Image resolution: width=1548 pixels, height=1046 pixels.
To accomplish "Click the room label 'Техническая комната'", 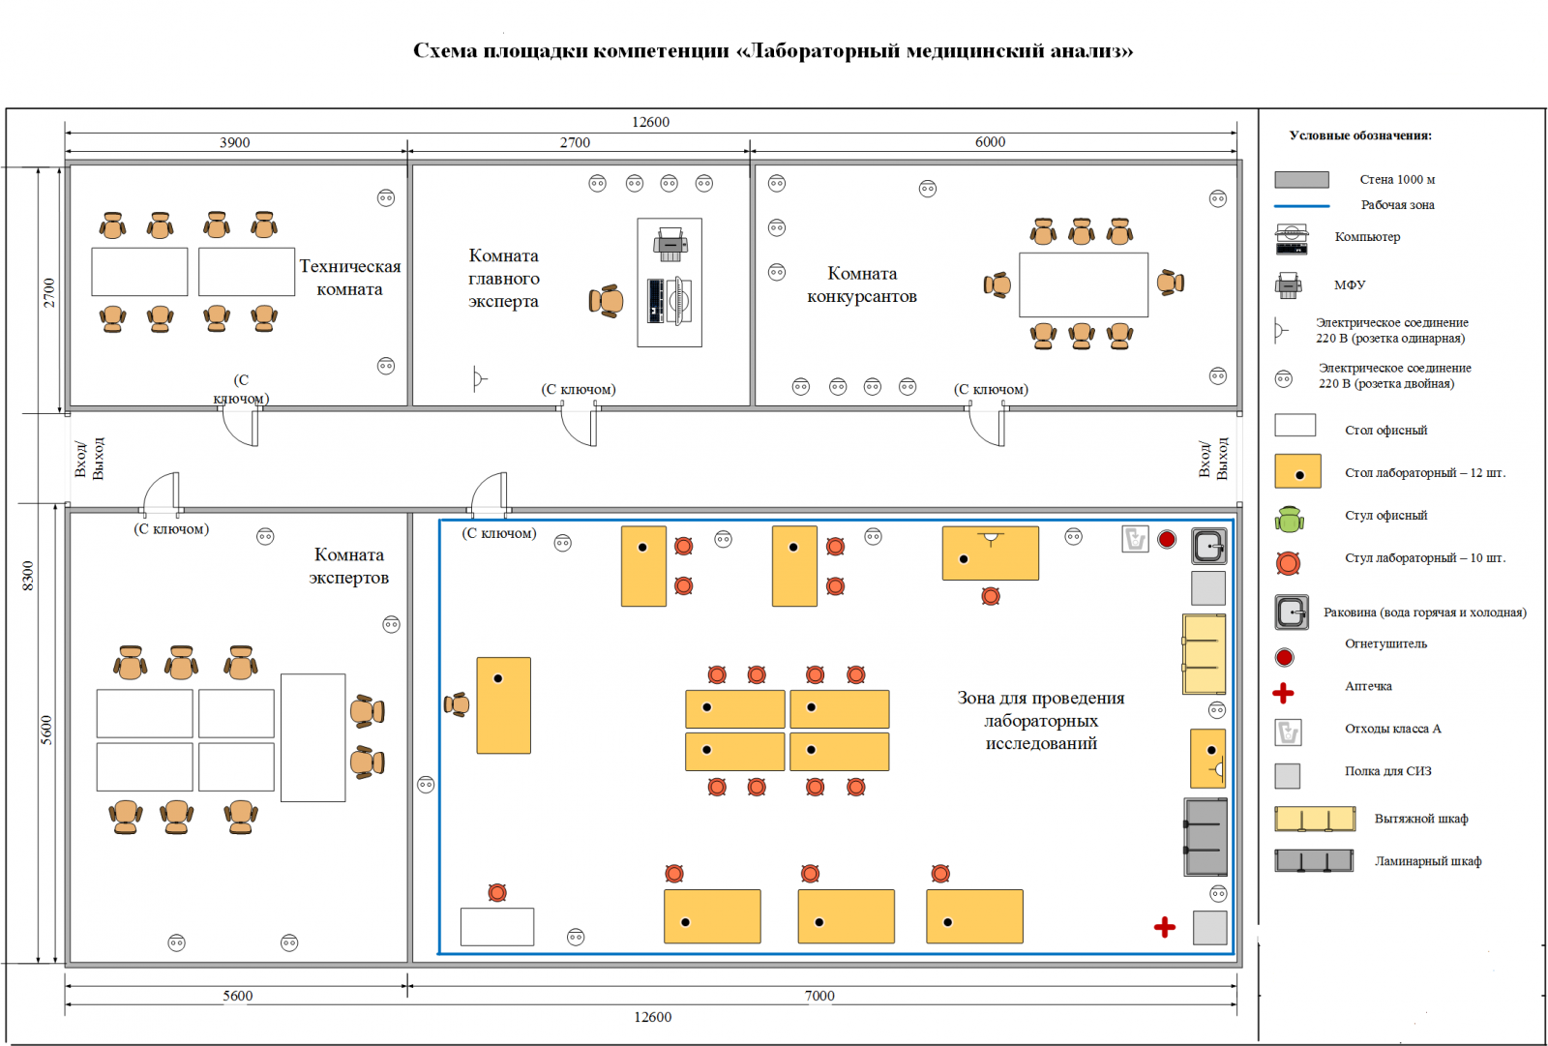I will click(349, 278).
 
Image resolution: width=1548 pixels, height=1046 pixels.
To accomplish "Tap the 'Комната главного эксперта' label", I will click(503, 279).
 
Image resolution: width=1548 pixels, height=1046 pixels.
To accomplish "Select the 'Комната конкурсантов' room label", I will click(861, 284).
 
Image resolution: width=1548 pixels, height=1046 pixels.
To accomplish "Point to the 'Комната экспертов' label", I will click(349, 566).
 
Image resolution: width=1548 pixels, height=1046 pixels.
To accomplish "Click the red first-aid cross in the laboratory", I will click(1165, 927).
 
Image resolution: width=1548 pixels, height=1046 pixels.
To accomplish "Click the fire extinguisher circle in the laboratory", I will click(1167, 539).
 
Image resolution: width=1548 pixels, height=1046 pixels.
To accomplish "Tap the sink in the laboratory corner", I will click(1208, 547).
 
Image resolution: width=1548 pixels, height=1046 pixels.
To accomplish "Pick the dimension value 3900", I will click(234, 142).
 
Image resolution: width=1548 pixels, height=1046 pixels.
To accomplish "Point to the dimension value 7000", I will click(819, 996).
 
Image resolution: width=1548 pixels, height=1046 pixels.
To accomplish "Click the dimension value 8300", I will click(28, 576).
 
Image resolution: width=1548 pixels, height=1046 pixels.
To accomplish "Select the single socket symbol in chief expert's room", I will click(479, 378).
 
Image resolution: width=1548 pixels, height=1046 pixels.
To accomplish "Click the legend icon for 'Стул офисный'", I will click(1289, 520).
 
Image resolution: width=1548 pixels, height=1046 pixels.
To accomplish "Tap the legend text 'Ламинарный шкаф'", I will click(1427, 861).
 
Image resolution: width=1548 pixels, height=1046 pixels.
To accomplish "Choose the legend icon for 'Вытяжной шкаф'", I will click(1314, 819).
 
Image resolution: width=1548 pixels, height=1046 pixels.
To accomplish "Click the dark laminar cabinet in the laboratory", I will click(1206, 837).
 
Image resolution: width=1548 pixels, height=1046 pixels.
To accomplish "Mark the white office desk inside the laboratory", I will click(497, 926).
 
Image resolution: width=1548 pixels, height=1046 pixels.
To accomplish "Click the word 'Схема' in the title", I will click(445, 50).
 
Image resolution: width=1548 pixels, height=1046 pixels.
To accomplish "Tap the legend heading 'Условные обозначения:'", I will click(1360, 135).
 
